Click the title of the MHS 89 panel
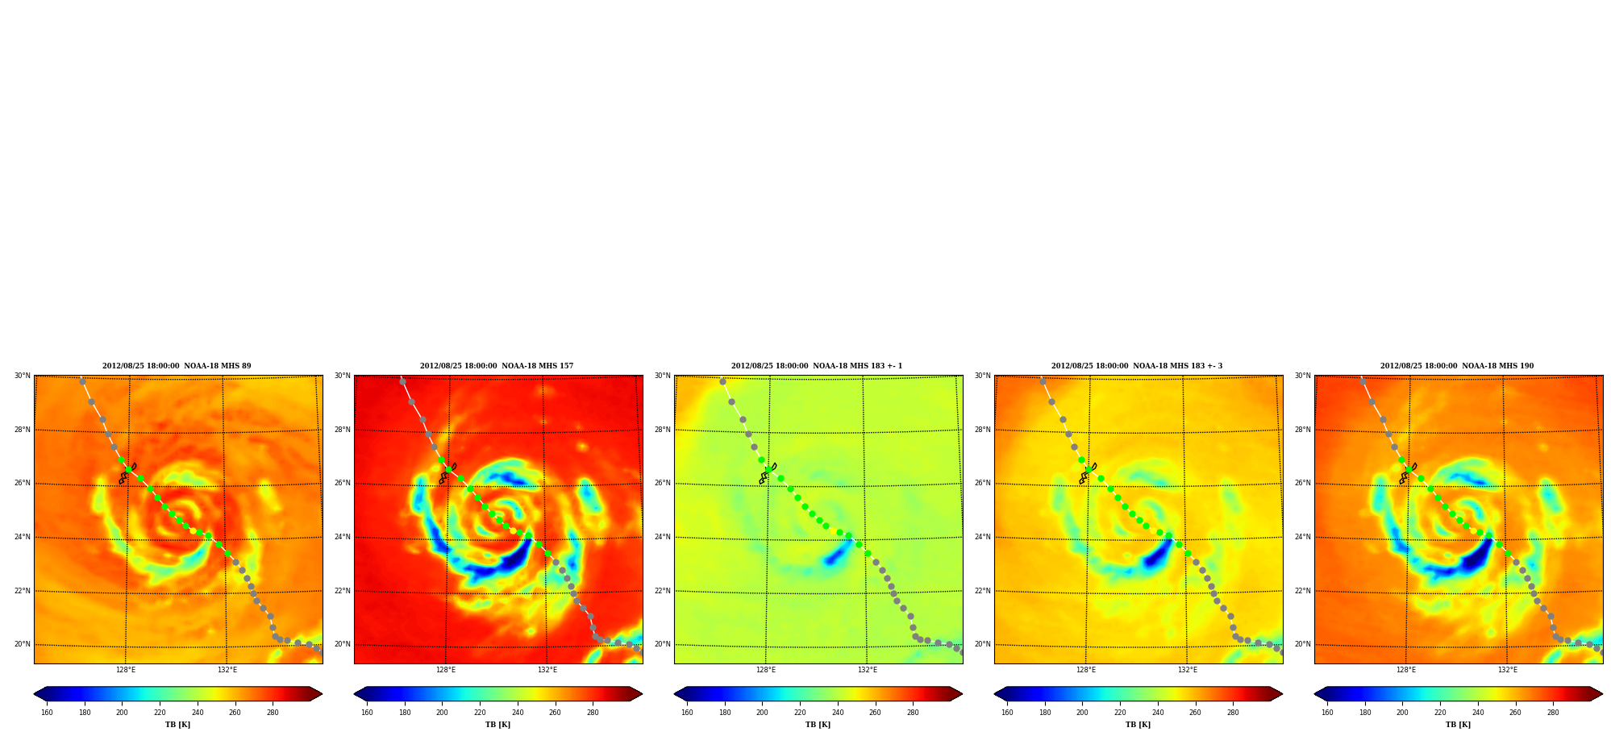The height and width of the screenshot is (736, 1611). [177, 366]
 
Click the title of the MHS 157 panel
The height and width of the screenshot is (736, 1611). [497, 366]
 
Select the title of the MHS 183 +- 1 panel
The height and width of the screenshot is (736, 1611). [817, 366]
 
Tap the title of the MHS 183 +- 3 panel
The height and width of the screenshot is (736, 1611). [1137, 366]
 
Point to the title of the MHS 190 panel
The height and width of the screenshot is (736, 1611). [1457, 366]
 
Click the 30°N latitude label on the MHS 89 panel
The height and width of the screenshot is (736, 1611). [22, 376]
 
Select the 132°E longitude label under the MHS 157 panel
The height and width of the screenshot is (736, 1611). [547, 670]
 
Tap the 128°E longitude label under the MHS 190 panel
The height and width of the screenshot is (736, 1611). [1406, 670]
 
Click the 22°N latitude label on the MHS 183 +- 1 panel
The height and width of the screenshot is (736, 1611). [662, 591]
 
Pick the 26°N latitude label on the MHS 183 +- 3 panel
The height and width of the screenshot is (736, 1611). [982, 484]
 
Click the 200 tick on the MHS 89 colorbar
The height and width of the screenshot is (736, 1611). [122, 713]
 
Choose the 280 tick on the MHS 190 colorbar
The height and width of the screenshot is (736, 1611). [1553, 713]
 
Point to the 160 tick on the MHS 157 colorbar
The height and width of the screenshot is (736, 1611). [367, 713]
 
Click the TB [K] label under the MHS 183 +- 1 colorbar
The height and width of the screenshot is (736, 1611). [818, 725]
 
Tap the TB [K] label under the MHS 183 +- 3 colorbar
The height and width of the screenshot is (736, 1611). [1138, 725]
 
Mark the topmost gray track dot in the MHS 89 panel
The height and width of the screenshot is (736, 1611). [82, 381]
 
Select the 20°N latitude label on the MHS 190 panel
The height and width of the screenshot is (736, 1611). [1302, 645]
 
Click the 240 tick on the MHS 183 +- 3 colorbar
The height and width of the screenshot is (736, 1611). [1158, 713]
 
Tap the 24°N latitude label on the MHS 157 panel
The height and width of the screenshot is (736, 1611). [342, 538]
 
